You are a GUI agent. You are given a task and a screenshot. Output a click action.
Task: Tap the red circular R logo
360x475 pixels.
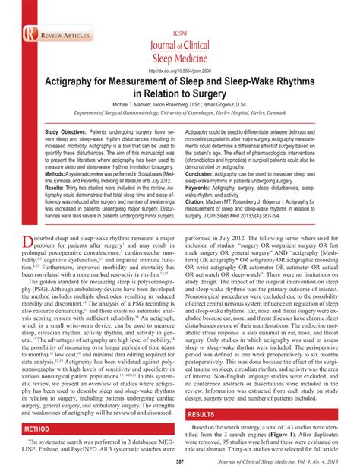click(29, 35)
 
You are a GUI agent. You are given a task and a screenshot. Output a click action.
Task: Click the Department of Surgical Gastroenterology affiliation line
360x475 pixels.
click(179, 112)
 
